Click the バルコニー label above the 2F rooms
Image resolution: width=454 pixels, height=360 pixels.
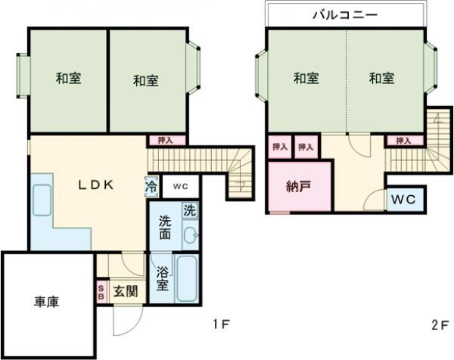[x=345, y=14]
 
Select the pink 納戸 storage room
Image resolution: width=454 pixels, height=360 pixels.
[x=299, y=186]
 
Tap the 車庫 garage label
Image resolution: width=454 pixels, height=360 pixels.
[x=47, y=302]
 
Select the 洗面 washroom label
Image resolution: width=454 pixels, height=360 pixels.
[x=164, y=228]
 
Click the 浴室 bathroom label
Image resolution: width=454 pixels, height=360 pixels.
[x=162, y=278]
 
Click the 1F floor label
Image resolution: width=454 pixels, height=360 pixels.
[x=220, y=325]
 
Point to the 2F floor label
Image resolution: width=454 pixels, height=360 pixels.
[x=439, y=325]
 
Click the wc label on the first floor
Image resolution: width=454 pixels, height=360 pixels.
[x=179, y=185]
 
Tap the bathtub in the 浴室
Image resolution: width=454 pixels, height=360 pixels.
[x=187, y=278]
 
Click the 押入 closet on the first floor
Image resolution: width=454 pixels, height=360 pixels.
[x=165, y=140]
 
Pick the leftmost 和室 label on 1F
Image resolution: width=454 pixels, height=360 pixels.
[x=68, y=78]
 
